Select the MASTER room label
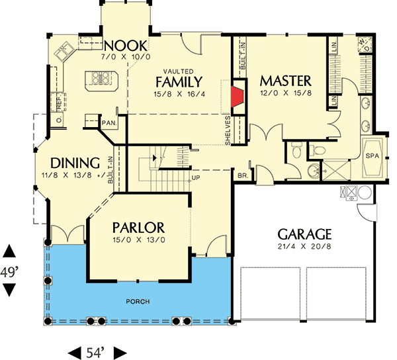coord(285,80)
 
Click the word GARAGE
coord(304,234)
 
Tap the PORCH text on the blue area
coord(139,302)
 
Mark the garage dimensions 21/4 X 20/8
coord(304,247)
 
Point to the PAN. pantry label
coord(109,122)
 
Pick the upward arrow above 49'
coord(9,251)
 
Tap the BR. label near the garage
coord(243,176)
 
